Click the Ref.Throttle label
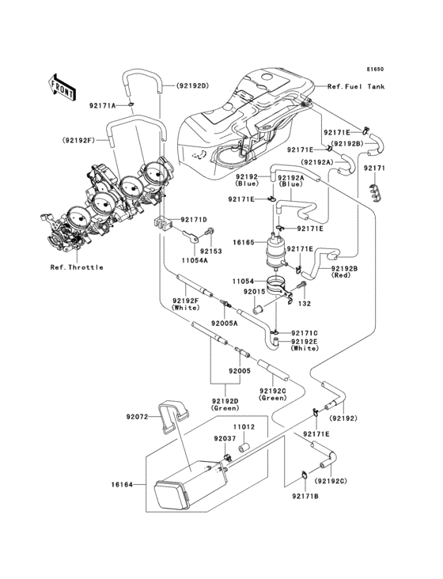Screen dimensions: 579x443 [77, 267]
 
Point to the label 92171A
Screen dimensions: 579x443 [102, 105]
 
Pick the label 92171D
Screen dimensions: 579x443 [193, 220]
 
